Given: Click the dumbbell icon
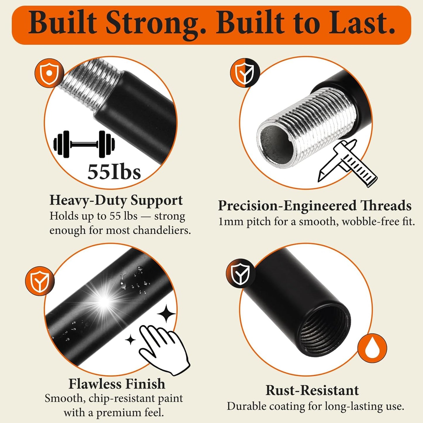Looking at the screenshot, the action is click(x=84, y=144).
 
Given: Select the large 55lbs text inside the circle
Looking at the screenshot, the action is click(x=114, y=172).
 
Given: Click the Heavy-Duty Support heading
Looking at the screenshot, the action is click(x=116, y=201).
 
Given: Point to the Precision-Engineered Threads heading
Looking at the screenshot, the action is click(x=315, y=206).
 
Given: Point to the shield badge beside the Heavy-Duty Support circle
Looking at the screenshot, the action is click(x=49, y=73).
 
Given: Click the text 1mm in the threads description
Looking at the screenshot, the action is click(x=231, y=222).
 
